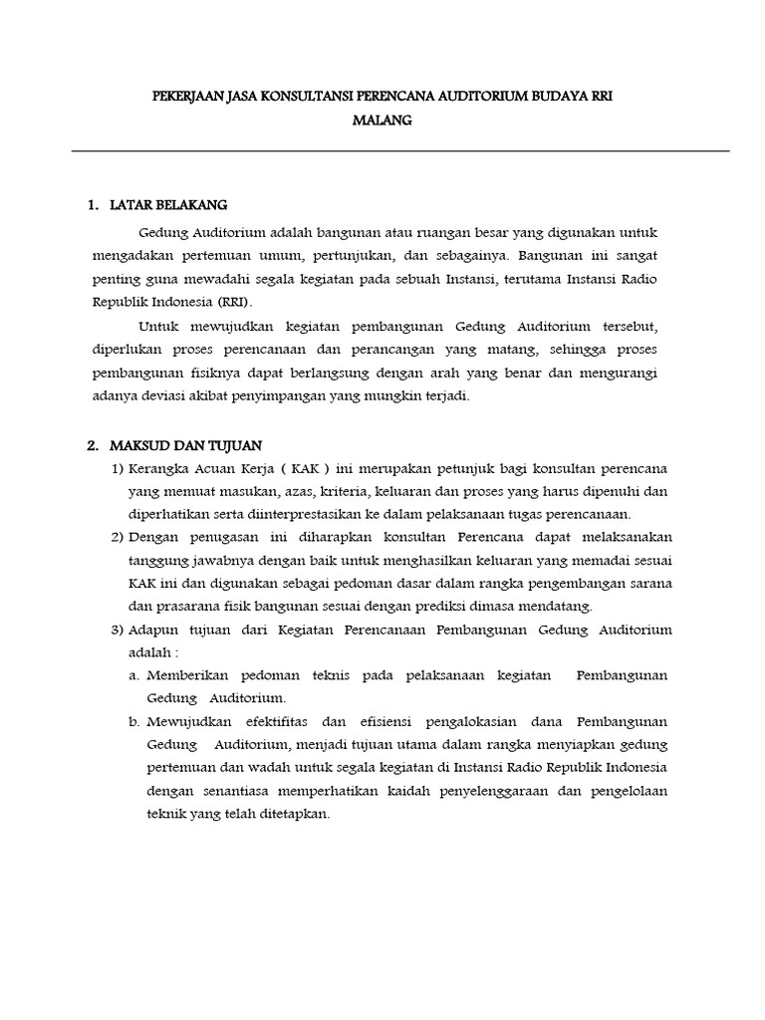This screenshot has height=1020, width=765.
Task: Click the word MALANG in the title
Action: [x=382, y=121]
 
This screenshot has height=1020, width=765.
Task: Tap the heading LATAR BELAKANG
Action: [x=170, y=205]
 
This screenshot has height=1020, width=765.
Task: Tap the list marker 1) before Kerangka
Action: [x=117, y=468]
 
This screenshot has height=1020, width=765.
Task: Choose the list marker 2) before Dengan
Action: [x=117, y=538]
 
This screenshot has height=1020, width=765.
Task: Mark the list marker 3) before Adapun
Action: [x=117, y=630]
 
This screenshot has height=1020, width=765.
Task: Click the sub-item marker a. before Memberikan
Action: [x=133, y=675]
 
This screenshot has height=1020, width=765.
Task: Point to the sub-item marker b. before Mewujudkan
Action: [x=133, y=721]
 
